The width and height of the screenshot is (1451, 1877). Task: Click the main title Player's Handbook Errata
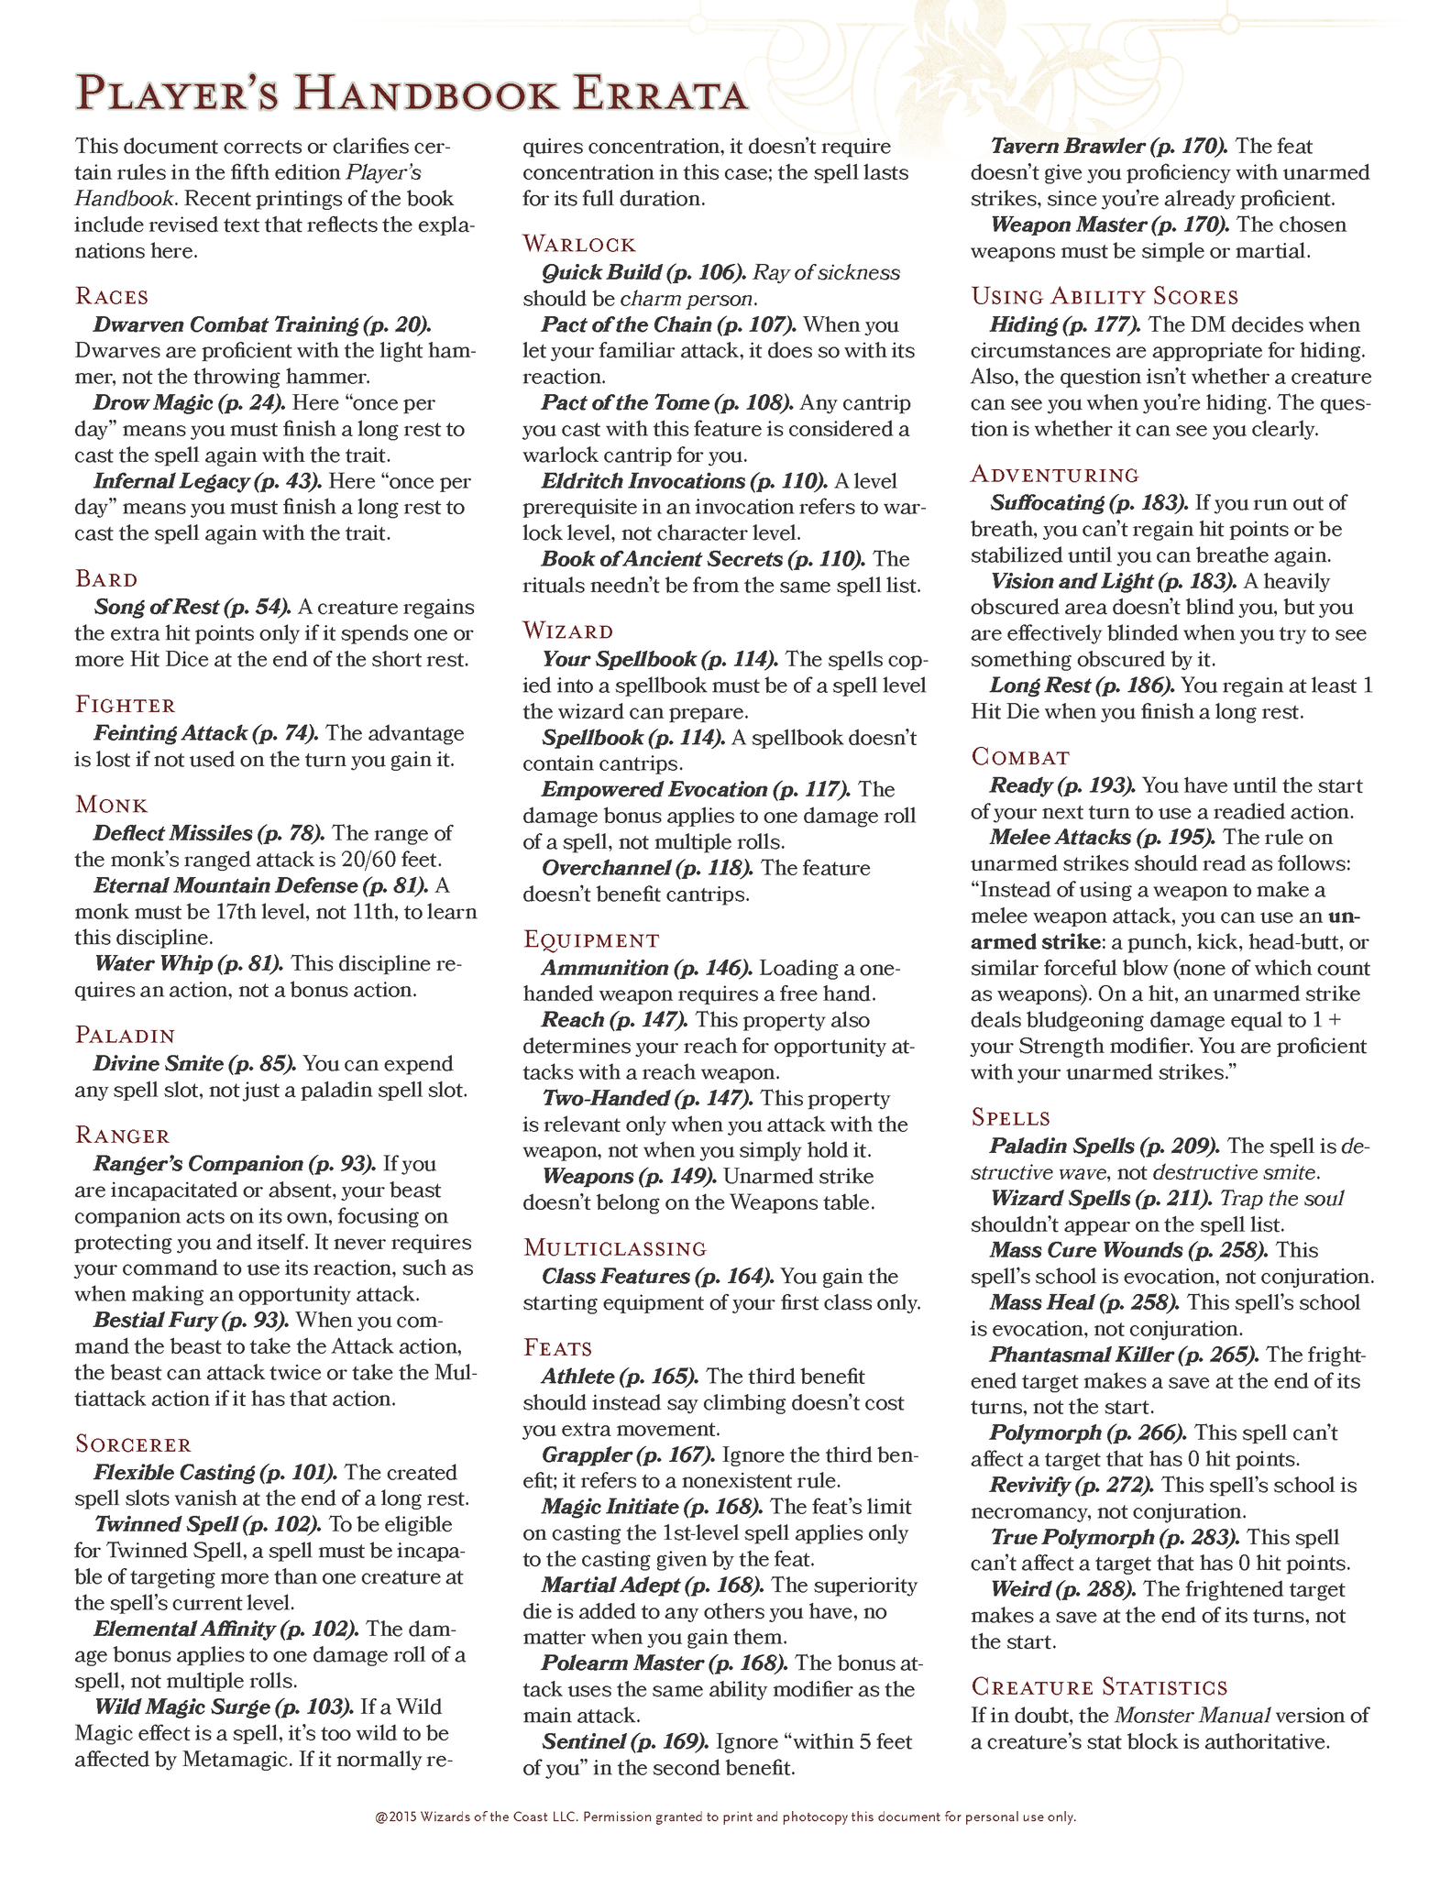click(412, 95)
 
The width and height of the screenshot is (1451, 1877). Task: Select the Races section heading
click(112, 296)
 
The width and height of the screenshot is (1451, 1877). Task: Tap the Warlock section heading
click(579, 244)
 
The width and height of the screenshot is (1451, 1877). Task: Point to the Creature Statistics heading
click(1099, 1687)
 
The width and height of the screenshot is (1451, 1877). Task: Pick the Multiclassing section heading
click(615, 1248)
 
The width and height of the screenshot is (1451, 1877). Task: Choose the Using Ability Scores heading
click(1105, 297)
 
